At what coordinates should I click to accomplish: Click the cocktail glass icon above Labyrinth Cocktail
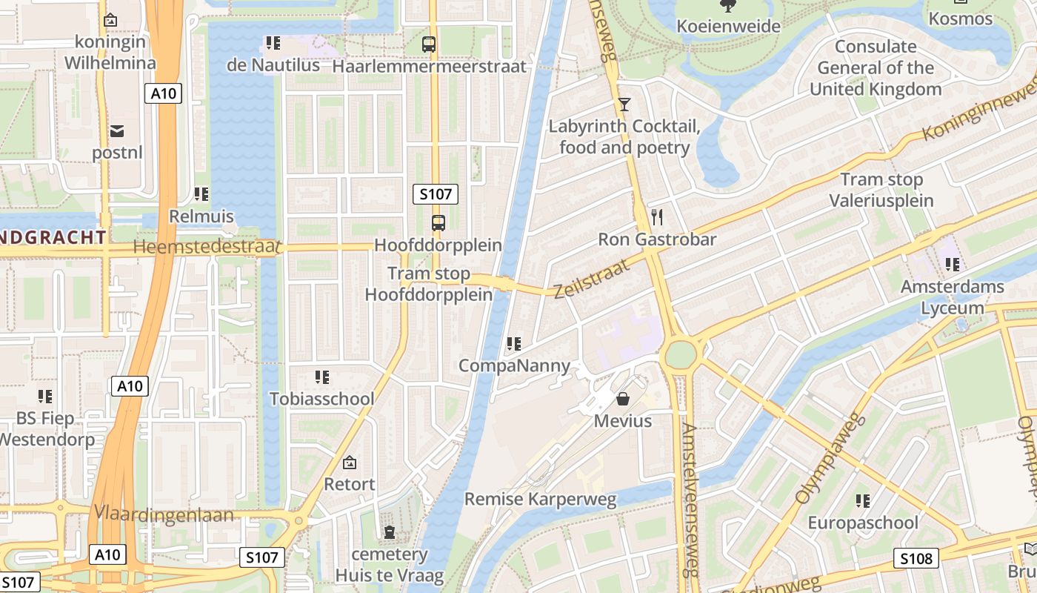[624, 104]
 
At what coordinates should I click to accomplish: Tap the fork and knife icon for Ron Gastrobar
[656, 216]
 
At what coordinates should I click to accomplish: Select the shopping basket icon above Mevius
[623, 399]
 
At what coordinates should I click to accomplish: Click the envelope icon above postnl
[117, 131]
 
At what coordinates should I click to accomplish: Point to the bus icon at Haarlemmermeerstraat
[429, 44]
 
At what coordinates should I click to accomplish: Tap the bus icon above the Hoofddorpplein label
[438, 222]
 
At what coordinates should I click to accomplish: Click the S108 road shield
[916, 558]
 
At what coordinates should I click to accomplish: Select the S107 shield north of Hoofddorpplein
[435, 195]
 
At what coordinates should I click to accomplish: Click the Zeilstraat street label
[591, 278]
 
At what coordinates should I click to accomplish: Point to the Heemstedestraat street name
[207, 247]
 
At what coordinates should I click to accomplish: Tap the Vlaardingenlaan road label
[164, 514]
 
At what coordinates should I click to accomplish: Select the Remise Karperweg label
[540, 499]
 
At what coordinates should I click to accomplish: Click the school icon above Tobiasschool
[321, 377]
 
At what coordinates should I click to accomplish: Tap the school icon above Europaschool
[862, 501]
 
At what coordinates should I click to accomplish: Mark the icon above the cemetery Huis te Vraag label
[389, 532]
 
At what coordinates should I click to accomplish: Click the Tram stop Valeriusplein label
[881, 190]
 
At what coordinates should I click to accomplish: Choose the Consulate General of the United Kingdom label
[876, 68]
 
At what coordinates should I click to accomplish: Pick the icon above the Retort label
[350, 463]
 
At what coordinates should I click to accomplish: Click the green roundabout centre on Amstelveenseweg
[680, 354]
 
